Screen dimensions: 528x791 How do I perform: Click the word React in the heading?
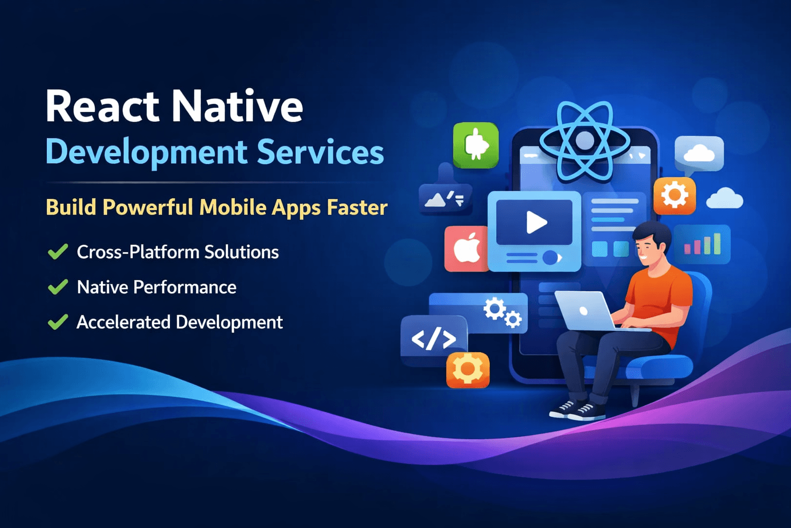102,106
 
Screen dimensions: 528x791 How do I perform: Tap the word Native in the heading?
237,106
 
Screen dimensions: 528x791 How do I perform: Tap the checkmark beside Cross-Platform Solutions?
58,252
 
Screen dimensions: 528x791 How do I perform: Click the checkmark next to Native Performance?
58,287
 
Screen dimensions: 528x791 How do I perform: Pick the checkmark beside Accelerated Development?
58,322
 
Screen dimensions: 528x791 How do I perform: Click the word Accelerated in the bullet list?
123,322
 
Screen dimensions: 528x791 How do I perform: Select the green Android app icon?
476,145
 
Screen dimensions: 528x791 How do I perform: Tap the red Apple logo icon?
467,249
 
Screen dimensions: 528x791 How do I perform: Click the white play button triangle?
536,223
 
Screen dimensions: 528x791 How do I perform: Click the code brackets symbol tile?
434,339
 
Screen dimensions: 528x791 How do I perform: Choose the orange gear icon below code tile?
468,369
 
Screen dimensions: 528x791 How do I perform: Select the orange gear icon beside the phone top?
675,195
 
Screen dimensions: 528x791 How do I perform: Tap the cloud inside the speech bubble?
699,153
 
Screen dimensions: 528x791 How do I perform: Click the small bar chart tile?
701,244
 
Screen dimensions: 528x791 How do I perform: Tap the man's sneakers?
577,410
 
